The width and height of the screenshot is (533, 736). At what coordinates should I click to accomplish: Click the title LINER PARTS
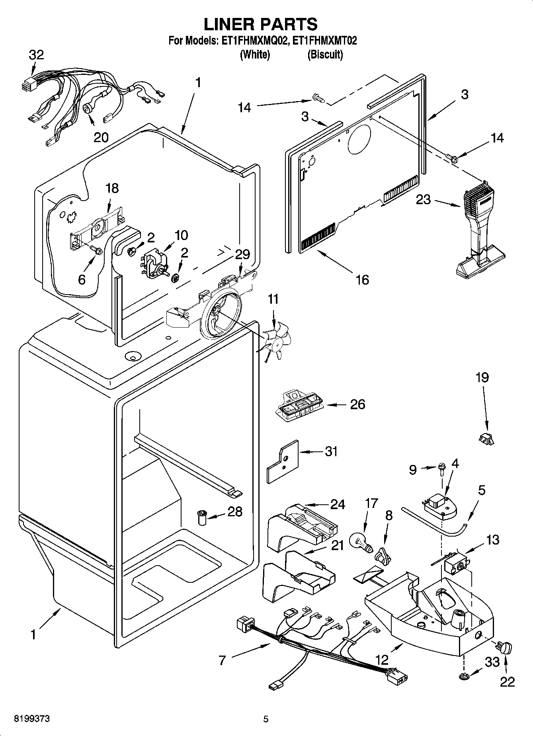tap(261, 24)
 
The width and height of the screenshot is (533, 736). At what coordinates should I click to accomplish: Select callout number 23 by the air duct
tap(423, 199)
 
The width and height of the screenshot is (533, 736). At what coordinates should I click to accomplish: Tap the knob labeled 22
tap(505, 648)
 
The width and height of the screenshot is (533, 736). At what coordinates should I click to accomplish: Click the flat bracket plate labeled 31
tap(283, 461)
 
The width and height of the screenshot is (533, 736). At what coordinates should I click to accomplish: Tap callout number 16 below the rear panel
tap(362, 279)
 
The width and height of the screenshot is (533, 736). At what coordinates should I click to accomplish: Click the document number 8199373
tap(32, 719)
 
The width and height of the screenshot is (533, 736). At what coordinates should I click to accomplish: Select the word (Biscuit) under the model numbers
tap(325, 55)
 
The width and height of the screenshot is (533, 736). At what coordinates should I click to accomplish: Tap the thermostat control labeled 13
tap(456, 563)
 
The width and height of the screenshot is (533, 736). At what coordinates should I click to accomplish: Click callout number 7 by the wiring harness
tap(222, 660)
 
